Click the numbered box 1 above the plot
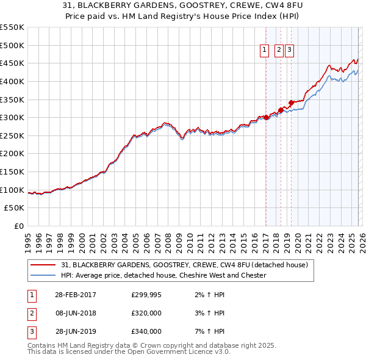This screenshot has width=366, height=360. (x=265, y=51)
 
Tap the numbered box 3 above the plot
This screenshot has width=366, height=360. (x=289, y=51)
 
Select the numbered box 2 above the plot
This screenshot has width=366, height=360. (x=278, y=51)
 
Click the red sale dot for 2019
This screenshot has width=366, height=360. (x=291, y=103)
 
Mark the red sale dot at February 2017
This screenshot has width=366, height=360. (x=266, y=117)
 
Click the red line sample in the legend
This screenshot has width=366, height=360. (x=43, y=265)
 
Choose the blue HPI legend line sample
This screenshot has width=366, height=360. (x=43, y=275)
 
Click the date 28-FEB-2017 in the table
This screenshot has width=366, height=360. (x=75, y=295)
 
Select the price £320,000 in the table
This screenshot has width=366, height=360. (x=146, y=313)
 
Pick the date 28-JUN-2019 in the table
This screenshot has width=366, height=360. (x=75, y=331)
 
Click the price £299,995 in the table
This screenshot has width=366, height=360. (x=146, y=295)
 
